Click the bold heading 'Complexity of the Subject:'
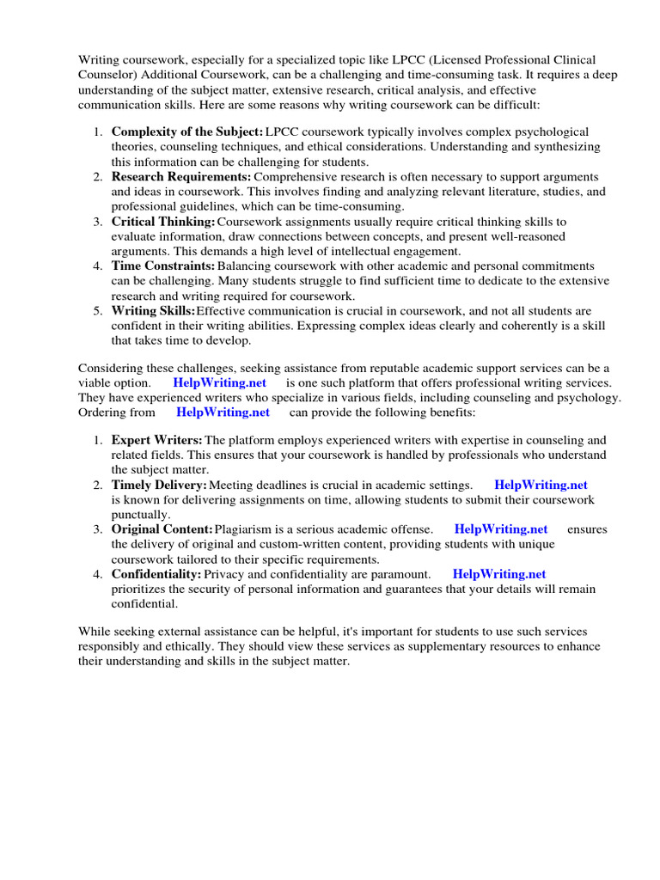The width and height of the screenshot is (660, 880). point(186,132)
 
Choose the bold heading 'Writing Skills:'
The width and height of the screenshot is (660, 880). point(153,311)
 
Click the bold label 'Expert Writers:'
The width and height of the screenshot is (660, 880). point(157,441)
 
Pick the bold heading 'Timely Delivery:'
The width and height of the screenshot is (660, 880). point(159,486)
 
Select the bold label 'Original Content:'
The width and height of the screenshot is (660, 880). point(162,529)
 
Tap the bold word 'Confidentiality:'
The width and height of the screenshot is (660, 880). point(156,574)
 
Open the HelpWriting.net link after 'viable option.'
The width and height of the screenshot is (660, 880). point(220,382)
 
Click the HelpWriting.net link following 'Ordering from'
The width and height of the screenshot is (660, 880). point(223,412)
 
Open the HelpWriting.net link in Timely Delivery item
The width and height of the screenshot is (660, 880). point(541,486)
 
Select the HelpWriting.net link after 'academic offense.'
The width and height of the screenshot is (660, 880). point(501,529)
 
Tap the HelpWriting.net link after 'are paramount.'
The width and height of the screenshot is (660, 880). point(499,574)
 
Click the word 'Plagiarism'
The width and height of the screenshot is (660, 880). point(245,529)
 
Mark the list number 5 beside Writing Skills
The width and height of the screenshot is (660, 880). point(98,311)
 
